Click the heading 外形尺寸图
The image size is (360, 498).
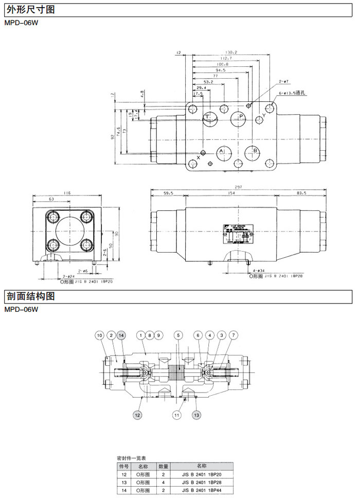(30, 10)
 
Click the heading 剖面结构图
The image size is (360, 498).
(30, 297)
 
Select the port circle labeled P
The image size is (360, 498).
(239, 117)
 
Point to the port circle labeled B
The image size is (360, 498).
(252, 151)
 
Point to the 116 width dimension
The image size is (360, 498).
(67, 193)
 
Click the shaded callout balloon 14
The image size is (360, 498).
(121, 335)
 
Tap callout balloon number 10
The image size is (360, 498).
(100, 335)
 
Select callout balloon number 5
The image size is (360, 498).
(178, 335)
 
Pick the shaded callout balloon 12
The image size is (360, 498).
(137, 415)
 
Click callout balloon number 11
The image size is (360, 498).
(177, 415)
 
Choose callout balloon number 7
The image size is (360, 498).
(233, 335)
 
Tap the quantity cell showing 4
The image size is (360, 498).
(164, 483)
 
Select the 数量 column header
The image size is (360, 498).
(164, 465)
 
